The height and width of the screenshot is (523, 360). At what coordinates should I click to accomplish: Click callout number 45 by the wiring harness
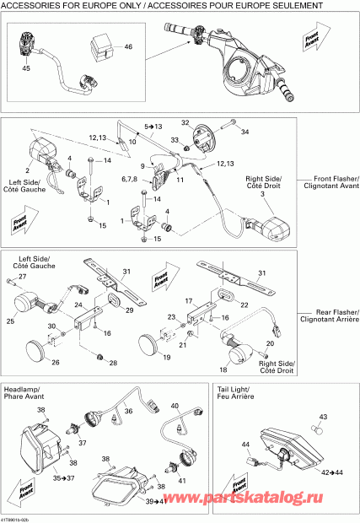(x=25, y=67)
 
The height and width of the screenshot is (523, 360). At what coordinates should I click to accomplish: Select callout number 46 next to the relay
(x=128, y=46)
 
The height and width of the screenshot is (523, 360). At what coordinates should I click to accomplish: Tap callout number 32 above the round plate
(x=185, y=122)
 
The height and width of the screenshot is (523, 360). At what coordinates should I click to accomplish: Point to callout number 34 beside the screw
(x=246, y=132)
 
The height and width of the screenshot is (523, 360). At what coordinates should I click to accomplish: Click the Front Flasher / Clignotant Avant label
(x=330, y=183)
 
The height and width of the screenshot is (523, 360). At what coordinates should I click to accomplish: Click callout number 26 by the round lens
(x=56, y=364)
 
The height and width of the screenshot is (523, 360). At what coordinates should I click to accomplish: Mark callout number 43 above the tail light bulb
(x=322, y=418)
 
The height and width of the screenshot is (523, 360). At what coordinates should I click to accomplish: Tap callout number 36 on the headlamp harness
(x=129, y=412)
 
